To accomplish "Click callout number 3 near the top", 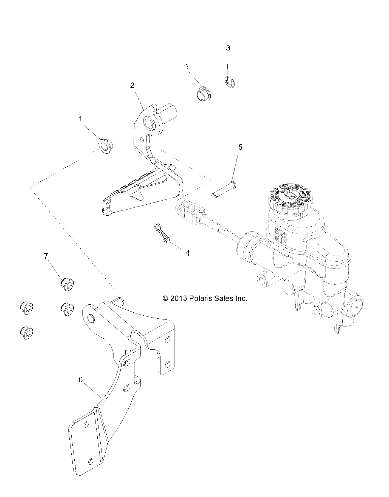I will tap(228, 48).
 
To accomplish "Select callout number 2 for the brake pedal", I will tap(132, 85).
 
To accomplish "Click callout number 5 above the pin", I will tap(240, 147).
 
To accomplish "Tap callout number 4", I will tap(188, 253).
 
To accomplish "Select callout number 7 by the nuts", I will tap(46, 256).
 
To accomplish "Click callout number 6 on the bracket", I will tap(80, 379).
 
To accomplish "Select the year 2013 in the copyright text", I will tap(178, 298).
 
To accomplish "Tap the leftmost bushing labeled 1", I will tap(106, 146).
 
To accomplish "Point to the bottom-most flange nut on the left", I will tap(26, 333).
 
